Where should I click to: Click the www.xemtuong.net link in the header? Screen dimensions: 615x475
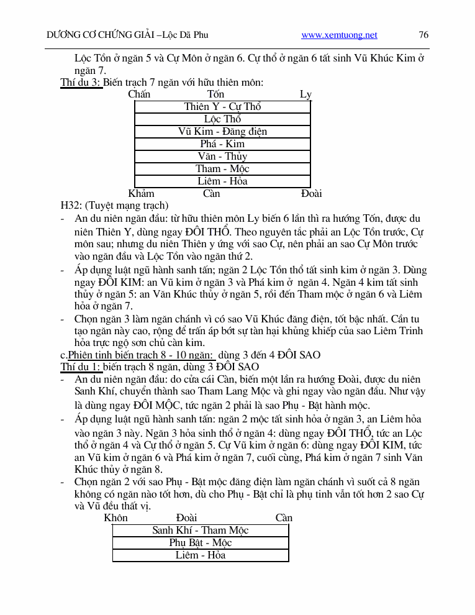point(339,35)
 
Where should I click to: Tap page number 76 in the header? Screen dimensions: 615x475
point(424,35)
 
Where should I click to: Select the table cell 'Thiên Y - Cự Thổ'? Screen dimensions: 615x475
point(222,107)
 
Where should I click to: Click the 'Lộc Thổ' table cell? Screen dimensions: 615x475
point(222,119)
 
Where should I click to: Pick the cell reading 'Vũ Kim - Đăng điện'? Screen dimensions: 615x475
point(222,132)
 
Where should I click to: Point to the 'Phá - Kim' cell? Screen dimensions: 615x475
point(222,144)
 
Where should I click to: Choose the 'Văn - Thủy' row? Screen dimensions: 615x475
point(222,157)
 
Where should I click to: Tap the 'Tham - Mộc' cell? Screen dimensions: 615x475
point(222,169)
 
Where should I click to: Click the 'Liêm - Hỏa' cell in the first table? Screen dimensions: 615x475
point(222,181)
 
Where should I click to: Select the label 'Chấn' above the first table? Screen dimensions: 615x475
point(139,94)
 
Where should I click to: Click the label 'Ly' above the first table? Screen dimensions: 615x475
point(305,94)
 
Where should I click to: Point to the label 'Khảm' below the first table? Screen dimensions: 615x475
point(141,193)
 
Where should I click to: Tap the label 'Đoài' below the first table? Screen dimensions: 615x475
point(311,193)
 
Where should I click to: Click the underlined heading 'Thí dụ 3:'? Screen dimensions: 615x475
point(81,82)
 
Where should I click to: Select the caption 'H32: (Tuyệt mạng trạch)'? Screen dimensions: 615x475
point(114,206)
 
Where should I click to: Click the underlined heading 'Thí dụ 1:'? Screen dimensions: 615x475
point(81,367)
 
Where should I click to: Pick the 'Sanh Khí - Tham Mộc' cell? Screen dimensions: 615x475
point(200,531)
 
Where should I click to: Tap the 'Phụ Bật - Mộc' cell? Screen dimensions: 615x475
point(200,543)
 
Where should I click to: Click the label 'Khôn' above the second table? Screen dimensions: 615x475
point(115,518)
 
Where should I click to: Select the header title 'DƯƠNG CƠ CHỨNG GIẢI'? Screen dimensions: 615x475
point(101,35)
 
